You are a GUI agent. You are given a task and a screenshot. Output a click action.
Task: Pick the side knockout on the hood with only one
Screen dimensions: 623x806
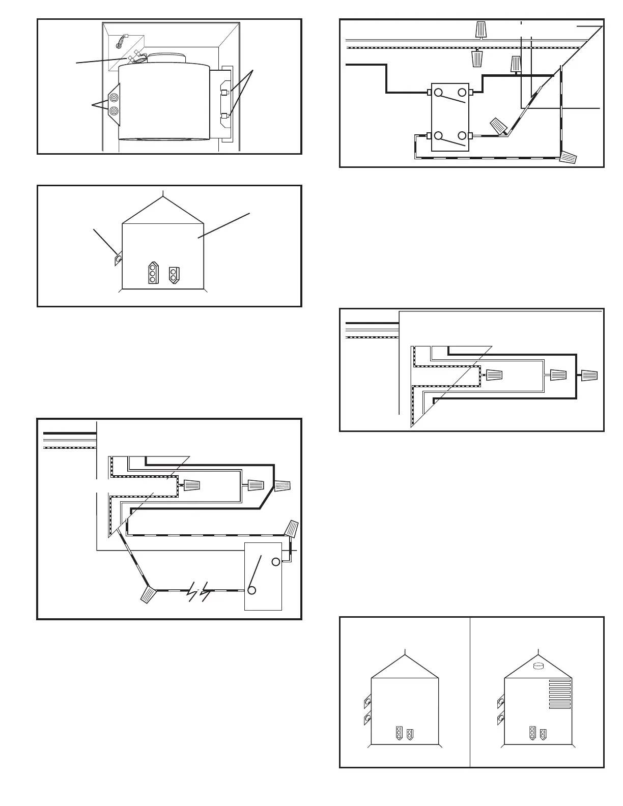[x=118, y=260]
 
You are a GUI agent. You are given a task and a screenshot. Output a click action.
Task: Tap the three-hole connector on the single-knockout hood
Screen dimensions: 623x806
[x=152, y=273]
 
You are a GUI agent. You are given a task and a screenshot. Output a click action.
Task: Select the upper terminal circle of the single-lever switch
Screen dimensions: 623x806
[x=275, y=562]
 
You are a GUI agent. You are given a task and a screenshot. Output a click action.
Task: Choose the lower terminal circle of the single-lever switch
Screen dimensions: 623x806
[x=251, y=591]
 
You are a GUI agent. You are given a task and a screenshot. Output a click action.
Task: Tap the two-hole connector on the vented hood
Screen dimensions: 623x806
[x=544, y=734]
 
